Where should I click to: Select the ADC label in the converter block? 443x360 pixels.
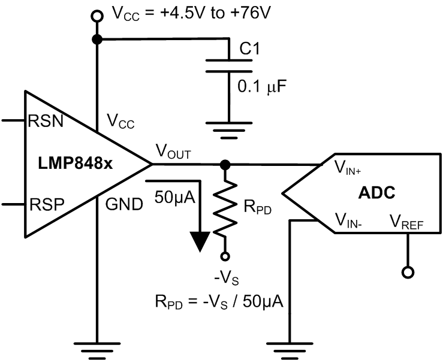coord(376,193)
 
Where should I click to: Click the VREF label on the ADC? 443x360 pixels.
coord(408,223)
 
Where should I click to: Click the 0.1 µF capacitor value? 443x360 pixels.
coord(259,87)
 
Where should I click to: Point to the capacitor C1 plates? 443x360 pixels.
coord(228,65)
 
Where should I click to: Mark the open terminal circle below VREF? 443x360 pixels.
coord(408,273)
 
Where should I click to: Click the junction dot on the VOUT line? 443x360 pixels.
coord(225,164)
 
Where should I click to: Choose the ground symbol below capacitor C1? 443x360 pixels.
coord(228,127)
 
